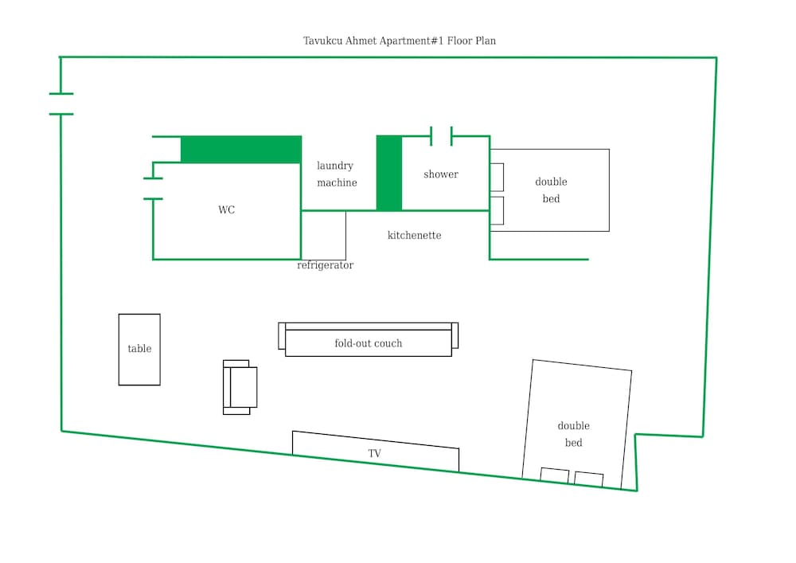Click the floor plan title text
point(400,41)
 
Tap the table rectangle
point(139,350)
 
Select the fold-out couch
point(368,339)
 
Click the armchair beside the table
point(240,387)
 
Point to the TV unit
point(376,452)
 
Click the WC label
point(226,209)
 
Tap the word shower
point(441,174)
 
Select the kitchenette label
point(414,235)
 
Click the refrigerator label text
point(326,265)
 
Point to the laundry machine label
point(337,174)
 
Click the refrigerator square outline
point(323,235)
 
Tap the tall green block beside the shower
point(389,173)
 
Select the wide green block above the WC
point(241,149)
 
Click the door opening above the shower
point(441,136)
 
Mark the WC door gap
point(153,189)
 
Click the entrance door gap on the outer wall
point(61,104)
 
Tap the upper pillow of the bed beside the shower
point(497,177)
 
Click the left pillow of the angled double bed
point(554,475)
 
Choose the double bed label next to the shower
point(552,190)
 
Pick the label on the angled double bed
point(574,434)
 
